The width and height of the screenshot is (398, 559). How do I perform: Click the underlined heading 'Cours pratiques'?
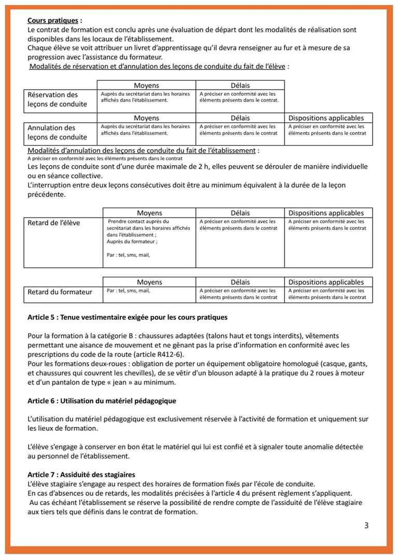coord(53,21)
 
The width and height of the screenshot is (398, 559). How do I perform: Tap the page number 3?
coord(366,526)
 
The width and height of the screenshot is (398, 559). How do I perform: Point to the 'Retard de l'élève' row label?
coord(54,223)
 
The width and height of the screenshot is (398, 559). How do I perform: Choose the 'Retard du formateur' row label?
coord(60,292)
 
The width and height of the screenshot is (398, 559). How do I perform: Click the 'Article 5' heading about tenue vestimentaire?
coord(127,317)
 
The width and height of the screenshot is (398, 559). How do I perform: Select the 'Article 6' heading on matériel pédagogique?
coord(102,400)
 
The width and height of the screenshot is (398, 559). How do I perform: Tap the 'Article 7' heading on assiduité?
coord(81,475)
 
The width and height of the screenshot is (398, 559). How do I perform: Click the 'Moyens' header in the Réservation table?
coord(146,85)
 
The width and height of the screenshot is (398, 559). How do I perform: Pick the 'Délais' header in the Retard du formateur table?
coord(240,282)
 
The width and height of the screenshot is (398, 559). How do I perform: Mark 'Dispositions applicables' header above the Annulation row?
coord(326,118)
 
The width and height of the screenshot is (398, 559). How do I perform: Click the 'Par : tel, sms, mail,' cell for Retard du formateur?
coord(128,291)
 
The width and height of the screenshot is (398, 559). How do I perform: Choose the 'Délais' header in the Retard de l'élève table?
coord(240,213)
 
